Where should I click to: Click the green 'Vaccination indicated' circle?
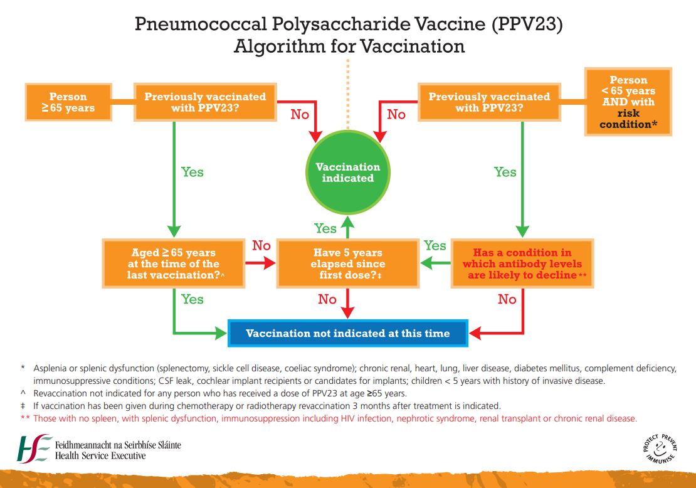point(348,172)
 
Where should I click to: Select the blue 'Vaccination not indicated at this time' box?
point(348,333)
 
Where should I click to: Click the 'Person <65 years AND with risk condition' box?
point(628,102)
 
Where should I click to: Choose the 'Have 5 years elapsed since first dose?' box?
point(348,263)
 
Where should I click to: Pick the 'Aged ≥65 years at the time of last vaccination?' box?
point(173,263)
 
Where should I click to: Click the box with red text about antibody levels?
point(522,263)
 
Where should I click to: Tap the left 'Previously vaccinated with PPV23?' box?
point(205,102)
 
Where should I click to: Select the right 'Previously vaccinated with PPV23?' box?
point(489,102)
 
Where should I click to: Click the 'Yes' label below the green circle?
point(325,228)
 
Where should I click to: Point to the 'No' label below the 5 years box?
point(327,299)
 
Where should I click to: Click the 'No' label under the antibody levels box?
point(507,299)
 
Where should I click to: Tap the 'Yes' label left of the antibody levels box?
point(435,245)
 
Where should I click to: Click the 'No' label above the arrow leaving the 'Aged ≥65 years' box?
point(261,245)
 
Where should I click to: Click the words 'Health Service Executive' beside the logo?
point(100,455)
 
